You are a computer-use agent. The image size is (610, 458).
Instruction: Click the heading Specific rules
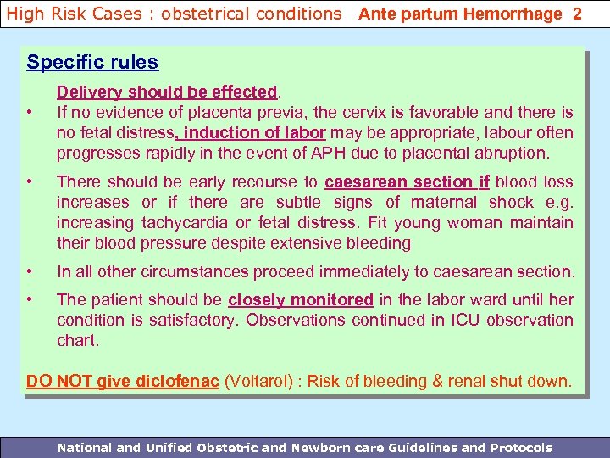[x=92, y=63]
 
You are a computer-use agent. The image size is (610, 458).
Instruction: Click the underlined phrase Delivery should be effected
[x=167, y=92]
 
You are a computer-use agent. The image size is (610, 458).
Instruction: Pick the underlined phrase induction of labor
[x=253, y=132]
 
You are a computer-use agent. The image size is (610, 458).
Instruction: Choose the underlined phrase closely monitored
[x=301, y=299]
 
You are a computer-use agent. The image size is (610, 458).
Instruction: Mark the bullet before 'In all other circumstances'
[x=30, y=271]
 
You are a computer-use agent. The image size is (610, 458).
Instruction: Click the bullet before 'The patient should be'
[x=30, y=299]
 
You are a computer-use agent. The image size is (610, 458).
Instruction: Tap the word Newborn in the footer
[x=328, y=447]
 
